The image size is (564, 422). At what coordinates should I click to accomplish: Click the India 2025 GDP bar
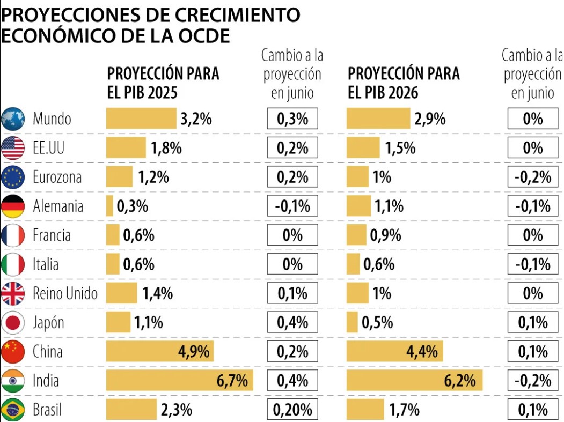[x=161, y=381]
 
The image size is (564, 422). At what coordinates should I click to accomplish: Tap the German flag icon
[x=13, y=206]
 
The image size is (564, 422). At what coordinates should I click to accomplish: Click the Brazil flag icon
[x=13, y=410]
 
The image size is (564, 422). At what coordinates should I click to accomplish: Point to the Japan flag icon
[x=13, y=323]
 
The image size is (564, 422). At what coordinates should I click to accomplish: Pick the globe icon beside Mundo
[x=13, y=119]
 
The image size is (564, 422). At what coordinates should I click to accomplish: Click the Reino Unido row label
[x=65, y=294]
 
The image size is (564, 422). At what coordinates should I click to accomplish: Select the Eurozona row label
[x=57, y=177]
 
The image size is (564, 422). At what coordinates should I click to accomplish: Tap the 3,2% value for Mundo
[x=196, y=119]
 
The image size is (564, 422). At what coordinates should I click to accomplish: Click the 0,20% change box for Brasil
[x=292, y=410]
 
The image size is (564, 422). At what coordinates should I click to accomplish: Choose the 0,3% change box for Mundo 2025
[x=292, y=119]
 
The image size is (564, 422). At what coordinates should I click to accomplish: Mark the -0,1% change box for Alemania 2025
[x=292, y=206]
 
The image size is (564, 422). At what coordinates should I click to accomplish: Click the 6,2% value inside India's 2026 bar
[x=460, y=381]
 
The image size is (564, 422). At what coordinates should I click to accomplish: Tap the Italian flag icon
[x=13, y=264]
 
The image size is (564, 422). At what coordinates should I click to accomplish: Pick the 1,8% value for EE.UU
[x=166, y=148]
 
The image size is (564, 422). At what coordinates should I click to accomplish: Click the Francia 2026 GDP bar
[x=356, y=235]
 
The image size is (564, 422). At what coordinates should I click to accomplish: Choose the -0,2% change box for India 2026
[x=533, y=381]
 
